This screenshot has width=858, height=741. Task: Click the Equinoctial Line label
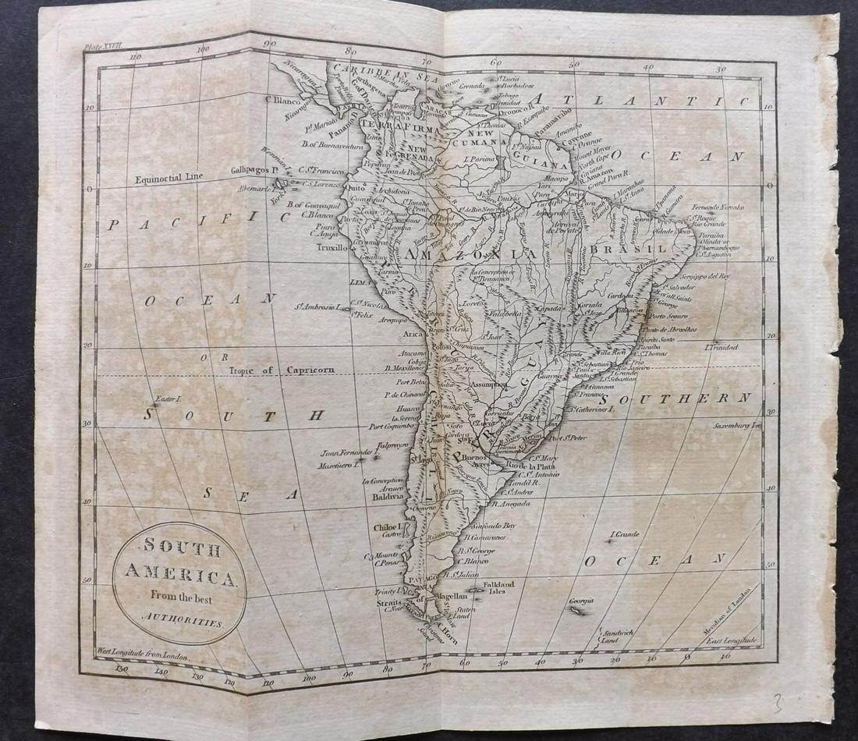168,177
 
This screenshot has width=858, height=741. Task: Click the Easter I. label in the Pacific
168,399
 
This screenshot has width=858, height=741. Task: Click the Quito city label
355,188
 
